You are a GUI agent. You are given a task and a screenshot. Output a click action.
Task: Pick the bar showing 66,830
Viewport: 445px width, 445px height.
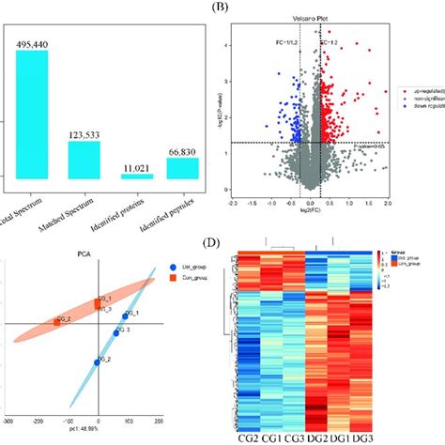coord(182,168)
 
